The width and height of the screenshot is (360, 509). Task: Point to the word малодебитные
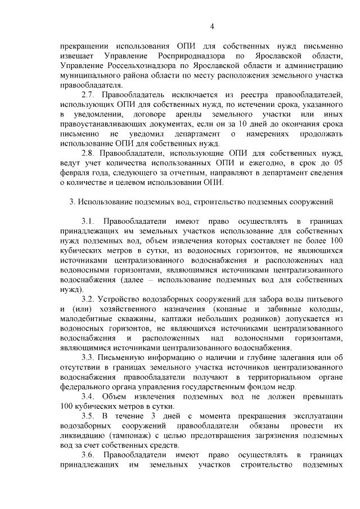[x=85, y=319]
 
